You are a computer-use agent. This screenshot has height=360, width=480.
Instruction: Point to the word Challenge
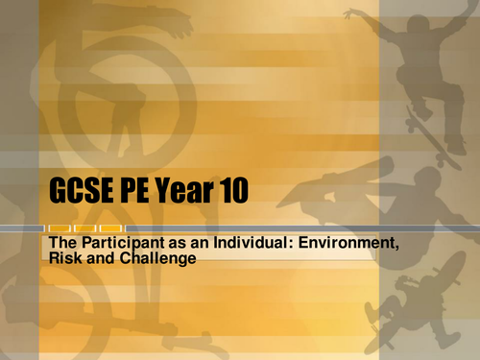pyautogui.click(x=154, y=258)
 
